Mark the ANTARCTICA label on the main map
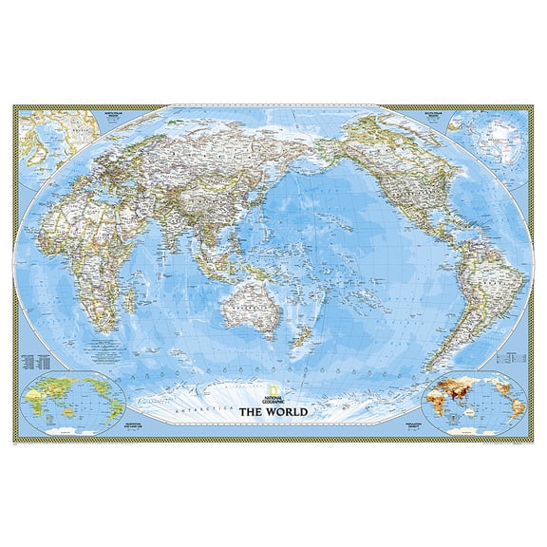(x=202, y=404)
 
